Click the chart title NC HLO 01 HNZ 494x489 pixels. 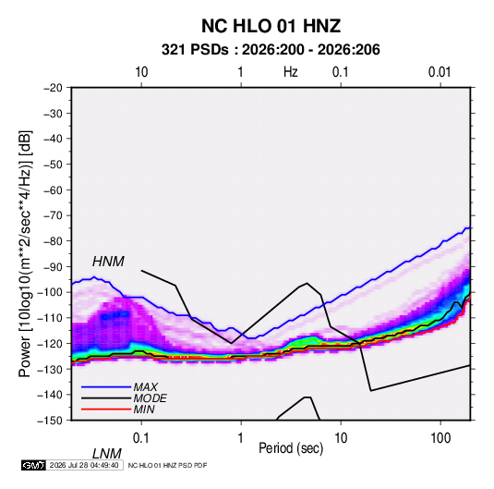[x=271, y=26]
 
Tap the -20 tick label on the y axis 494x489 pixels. [x=53, y=88]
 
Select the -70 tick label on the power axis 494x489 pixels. [x=53, y=215]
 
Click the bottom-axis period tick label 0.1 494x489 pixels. [x=141, y=438]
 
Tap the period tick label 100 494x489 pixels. [x=440, y=438]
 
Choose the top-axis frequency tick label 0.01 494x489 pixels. [x=440, y=72]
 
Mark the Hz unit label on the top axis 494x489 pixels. [x=291, y=72]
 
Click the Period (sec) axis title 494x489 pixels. [x=291, y=448]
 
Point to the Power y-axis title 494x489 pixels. [x=25, y=253]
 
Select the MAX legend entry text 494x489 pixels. [x=146, y=387]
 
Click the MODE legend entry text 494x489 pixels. [x=150, y=398]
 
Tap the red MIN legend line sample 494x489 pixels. [x=106, y=410]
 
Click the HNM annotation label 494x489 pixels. [x=108, y=262]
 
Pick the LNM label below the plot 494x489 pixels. [x=106, y=454]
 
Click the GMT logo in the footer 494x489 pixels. [x=33, y=465]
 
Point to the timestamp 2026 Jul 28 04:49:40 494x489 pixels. [x=84, y=465]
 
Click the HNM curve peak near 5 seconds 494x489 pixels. [x=307, y=283]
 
